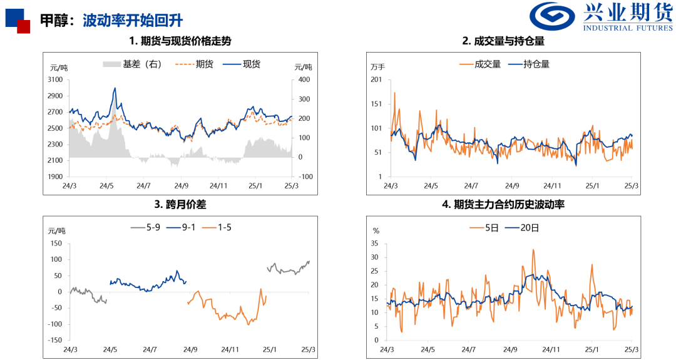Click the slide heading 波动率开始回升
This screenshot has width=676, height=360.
[133, 20]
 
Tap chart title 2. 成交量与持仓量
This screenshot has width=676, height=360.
[503, 41]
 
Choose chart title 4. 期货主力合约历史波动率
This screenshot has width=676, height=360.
[503, 204]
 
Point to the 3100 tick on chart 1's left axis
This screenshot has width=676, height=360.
[55, 80]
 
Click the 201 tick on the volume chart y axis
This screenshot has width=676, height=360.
[376, 80]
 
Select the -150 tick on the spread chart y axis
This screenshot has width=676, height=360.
[54, 340]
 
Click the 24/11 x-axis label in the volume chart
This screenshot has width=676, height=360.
[552, 186]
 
